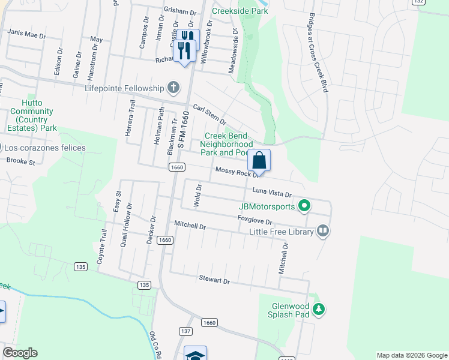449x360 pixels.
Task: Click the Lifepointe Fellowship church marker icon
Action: pyautogui.click(x=173, y=88)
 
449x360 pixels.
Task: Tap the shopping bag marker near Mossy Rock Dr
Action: pyautogui.click(x=259, y=160)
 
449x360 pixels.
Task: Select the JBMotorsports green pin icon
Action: pyautogui.click(x=304, y=207)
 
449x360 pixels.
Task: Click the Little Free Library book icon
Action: pyautogui.click(x=323, y=231)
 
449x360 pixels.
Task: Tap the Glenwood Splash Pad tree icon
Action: pyautogui.click(x=320, y=310)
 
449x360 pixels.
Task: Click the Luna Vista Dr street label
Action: pyautogui.click(x=271, y=193)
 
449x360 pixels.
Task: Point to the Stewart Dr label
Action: pyautogui.click(x=214, y=280)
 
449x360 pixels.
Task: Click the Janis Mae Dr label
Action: pyautogui.click(x=27, y=35)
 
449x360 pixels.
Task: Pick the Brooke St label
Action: pyautogui.click(x=21, y=161)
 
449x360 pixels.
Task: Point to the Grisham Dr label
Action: pyautogui.click(x=179, y=11)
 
